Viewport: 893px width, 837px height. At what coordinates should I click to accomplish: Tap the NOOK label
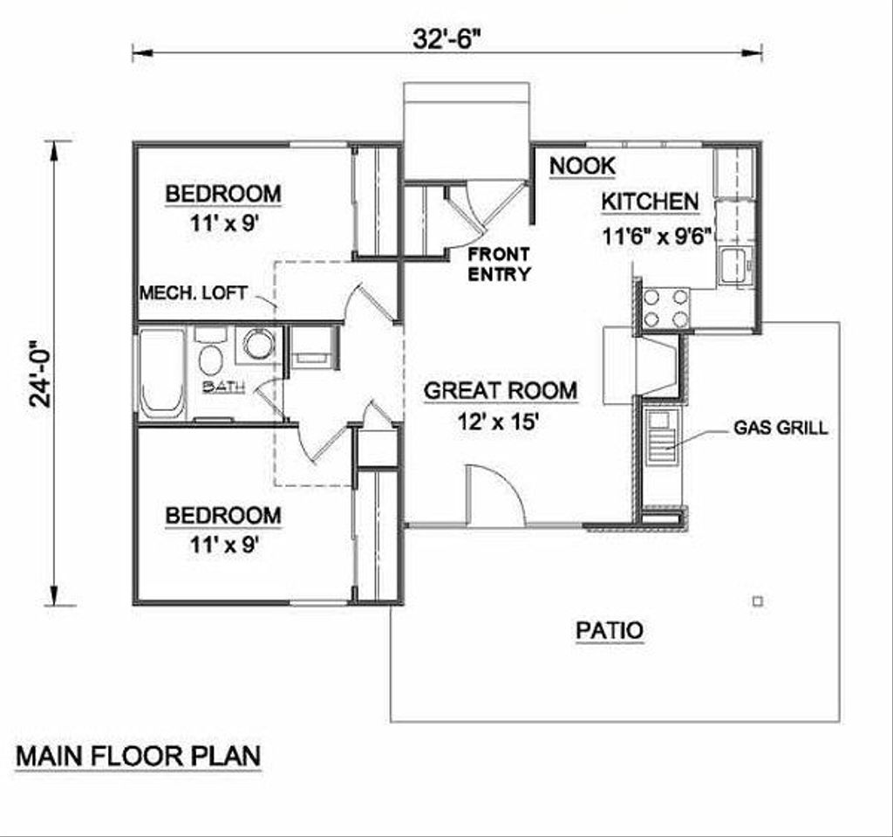coord(583,165)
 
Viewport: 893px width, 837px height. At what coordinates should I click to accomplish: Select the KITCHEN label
coord(650,202)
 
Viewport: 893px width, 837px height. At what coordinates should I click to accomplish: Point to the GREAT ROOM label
coord(500,390)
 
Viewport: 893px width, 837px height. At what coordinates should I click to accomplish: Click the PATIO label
coord(610,629)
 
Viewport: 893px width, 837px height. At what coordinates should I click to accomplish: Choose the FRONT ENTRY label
coord(498,264)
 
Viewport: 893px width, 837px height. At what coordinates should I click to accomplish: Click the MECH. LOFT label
coord(194,292)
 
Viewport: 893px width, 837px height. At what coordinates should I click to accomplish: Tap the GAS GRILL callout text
coord(781,428)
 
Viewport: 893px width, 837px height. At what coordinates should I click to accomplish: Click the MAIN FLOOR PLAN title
coord(139,756)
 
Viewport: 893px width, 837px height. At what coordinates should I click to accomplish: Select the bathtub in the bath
coord(162,374)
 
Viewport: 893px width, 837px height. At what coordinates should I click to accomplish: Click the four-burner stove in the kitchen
coord(665,308)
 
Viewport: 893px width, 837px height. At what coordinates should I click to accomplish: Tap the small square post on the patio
coord(757,600)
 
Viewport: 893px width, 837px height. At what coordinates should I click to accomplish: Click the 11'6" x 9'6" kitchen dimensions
coord(658,235)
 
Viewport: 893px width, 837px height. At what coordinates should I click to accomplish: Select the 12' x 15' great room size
coord(500,422)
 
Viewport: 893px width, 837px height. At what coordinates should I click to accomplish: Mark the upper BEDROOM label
coord(223,193)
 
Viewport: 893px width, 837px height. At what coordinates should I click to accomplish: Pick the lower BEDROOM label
coord(223,515)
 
